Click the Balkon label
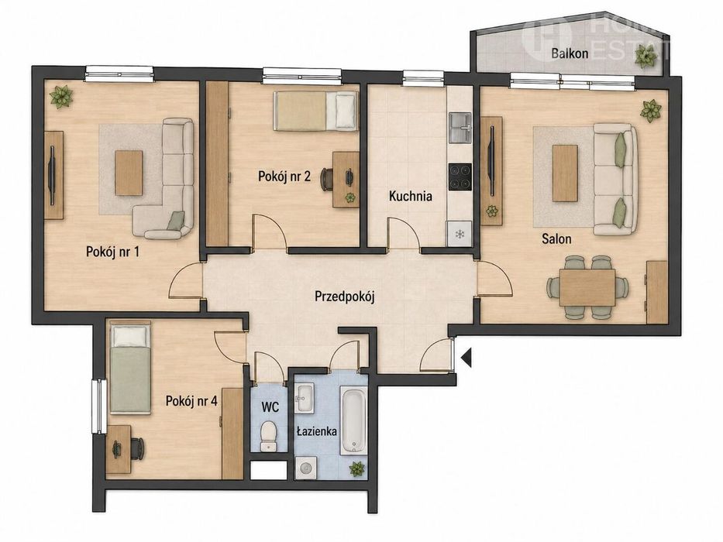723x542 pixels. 570,53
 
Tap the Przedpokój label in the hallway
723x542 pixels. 344,297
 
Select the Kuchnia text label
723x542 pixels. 411,197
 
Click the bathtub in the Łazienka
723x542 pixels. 353,420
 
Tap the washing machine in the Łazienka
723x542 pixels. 305,468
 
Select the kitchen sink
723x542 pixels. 460,128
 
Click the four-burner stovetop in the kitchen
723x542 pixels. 460,177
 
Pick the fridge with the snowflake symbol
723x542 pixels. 460,234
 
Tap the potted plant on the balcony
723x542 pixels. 646,57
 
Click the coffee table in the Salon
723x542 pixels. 565,173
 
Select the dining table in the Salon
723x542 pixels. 587,288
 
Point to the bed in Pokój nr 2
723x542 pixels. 315,111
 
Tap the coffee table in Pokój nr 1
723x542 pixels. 129,173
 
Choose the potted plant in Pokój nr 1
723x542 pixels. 62,96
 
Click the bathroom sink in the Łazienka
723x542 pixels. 305,398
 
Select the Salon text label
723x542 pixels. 556,238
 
